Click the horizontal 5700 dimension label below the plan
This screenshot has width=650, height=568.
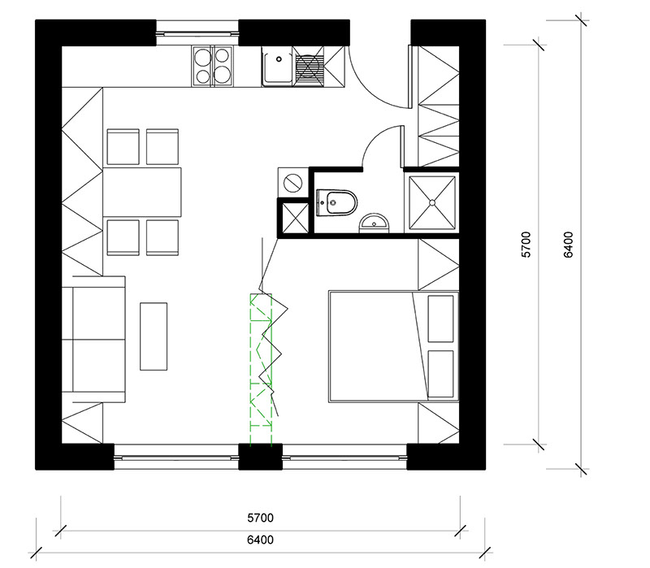(x=260, y=518)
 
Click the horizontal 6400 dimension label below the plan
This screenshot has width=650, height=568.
(x=260, y=540)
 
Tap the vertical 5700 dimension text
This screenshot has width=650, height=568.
(x=526, y=245)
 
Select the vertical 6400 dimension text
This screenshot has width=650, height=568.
(x=568, y=245)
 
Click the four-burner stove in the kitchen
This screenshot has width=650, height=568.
(x=212, y=66)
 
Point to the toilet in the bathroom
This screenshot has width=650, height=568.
(x=336, y=202)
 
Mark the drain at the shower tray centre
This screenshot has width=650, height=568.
(x=432, y=202)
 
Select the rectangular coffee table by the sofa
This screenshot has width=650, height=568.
(x=154, y=336)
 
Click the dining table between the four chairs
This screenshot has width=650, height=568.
(x=142, y=192)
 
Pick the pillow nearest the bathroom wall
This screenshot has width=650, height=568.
(x=440, y=319)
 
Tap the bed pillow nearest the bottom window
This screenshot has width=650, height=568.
(x=440, y=374)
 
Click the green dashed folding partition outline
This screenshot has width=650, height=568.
(x=261, y=369)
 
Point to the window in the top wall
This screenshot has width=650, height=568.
(x=197, y=33)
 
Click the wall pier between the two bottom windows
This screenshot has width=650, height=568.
(x=260, y=457)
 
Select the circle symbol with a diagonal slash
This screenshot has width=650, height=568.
(x=293, y=182)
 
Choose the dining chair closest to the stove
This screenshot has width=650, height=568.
(x=162, y=147)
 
